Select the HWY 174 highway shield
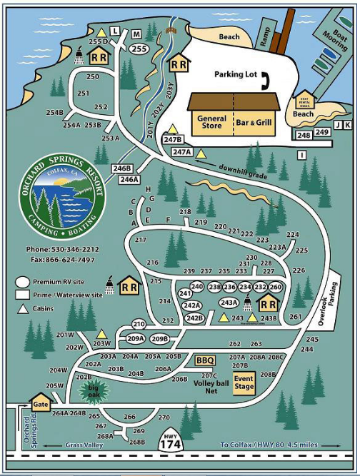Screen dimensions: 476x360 coord(171,442)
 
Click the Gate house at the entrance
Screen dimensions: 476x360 coord(40,405)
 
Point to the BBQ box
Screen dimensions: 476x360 coord(205,361)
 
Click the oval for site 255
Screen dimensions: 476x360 coord(139,49)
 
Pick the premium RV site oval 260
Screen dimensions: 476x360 coord(276,287)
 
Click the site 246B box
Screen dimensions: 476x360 coord(123,168)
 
